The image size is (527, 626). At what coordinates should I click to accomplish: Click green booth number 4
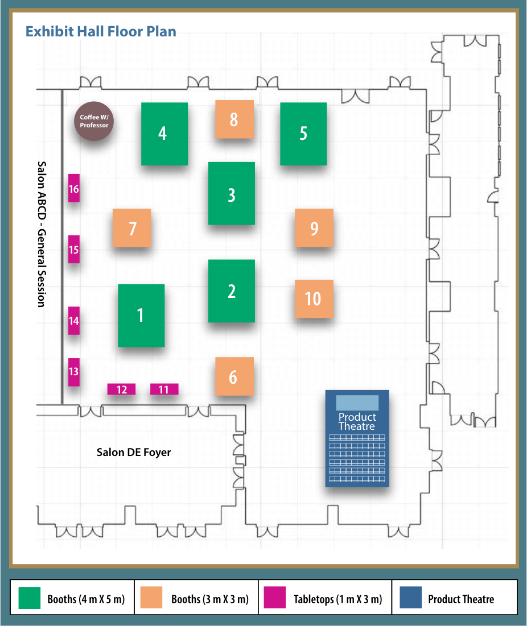[x=164, y=134]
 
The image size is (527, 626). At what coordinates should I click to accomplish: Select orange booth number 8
[x=234, y=119]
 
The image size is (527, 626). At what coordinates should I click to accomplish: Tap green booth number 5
[x=303, y=134]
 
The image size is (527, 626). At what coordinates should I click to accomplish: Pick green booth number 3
[x=231, y=193]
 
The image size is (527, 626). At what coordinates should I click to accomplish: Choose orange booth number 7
[x=132, y=228]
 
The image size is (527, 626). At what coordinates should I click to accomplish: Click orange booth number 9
[x=314, y=228]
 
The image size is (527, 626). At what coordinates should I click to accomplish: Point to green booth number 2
[x=231, y=291]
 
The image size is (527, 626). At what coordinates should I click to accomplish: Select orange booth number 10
[x=314, y=299]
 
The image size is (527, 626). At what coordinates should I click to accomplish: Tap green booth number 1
[x=141, y=315]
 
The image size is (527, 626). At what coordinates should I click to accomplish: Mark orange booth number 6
[x=234, y=376]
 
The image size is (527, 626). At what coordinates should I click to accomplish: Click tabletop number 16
[x=73, y=188]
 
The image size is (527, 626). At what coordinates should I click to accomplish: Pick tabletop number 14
[x=73, y=321]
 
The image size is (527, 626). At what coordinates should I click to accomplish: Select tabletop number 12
[x=121, y=389]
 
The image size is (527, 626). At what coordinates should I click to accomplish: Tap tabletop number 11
[x=164, y=389]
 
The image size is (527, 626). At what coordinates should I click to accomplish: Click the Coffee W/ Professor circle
[x=94, y=121]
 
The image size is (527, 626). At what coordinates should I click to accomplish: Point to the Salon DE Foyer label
[x=134, y=453]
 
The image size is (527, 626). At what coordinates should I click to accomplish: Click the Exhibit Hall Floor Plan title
[x=101, y=31]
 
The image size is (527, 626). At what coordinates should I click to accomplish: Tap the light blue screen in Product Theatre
[x=357, y=402]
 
